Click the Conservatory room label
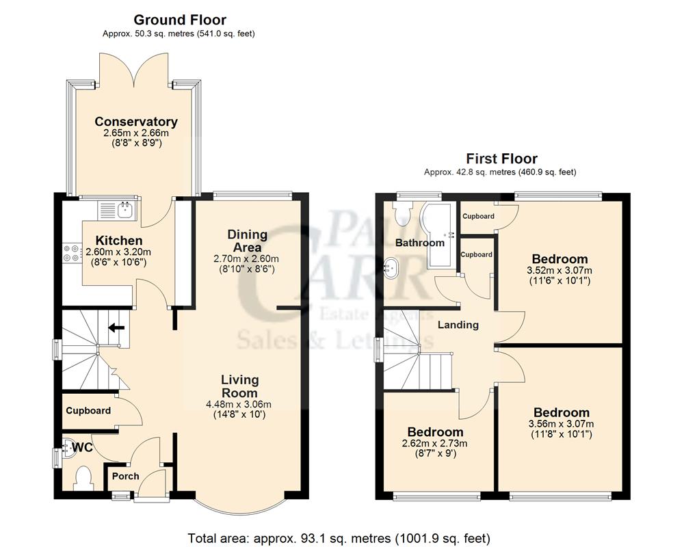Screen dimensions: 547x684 [x=135, y=122]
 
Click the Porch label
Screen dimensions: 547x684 [x=125, y=476]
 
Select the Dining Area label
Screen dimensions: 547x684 [x=247, y=241]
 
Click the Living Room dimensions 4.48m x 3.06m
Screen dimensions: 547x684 [x=239, y=403]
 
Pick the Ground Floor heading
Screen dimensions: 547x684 [x=180, y=21]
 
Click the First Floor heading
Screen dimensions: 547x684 [x=501, y=159]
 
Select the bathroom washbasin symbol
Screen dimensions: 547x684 [x=392, y=267]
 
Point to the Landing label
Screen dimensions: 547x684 [x=458, y=325]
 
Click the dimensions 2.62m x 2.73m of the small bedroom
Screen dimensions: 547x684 [x=435, y=444]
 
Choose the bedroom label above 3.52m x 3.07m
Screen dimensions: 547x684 [x=560, y=259]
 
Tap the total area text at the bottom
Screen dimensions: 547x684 [x=339, y=538]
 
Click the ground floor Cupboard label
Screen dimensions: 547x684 [x=88, y=411]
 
